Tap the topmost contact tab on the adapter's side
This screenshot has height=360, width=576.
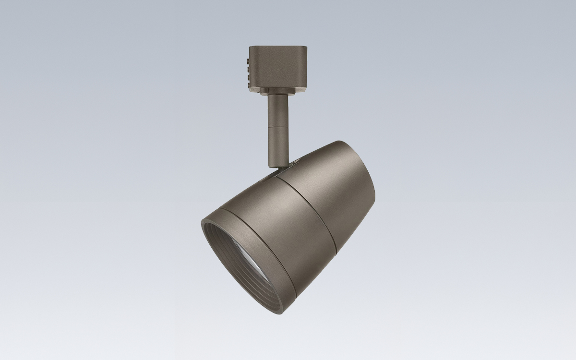248,61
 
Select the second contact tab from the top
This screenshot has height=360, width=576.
248,70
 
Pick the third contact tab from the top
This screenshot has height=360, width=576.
249,77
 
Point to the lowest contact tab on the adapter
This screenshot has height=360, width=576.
249,85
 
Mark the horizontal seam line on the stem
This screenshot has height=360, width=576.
278,127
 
